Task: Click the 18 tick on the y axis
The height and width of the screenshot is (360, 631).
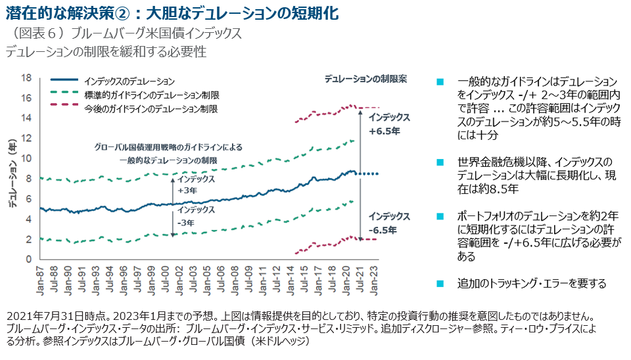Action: [x=27, y=78]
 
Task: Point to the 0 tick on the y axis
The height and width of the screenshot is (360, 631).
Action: [x=29, y=259]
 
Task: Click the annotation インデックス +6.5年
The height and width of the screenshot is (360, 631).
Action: [x=389, y=124]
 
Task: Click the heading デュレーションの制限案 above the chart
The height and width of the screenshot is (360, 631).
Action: [x=365, y=79]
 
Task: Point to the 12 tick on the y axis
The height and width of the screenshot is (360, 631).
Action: [x=27, y=138]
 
